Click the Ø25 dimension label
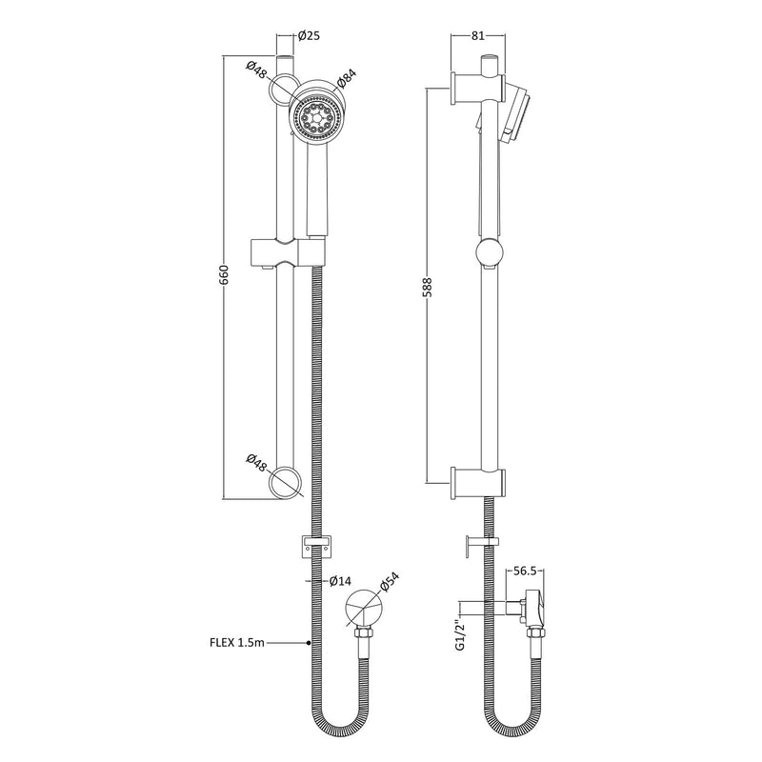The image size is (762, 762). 309,35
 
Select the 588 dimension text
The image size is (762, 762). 427,287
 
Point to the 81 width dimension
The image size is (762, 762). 478,35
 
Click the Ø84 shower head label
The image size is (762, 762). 346,78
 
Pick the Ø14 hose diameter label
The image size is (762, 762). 340,581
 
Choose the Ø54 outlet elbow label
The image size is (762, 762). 389,582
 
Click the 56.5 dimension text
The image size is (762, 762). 525,571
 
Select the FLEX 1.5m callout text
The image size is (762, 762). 237,642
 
